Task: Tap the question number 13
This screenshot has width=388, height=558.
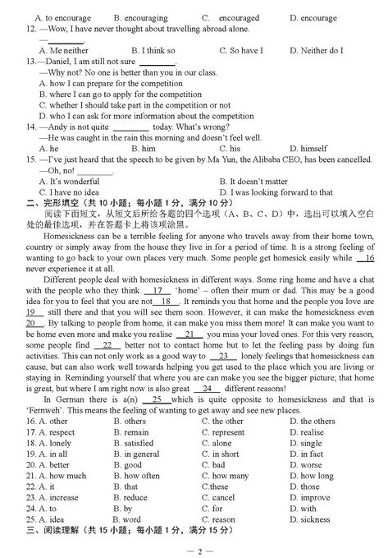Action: (31, 62)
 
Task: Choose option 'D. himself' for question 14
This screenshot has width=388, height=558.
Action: (308, 149)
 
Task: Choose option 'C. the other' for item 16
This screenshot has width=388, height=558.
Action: (222, 422)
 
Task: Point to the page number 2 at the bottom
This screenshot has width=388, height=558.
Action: (194, 549)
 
